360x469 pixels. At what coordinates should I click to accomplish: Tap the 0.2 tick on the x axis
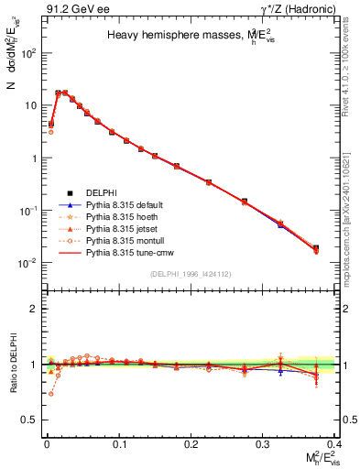tap(191, 443)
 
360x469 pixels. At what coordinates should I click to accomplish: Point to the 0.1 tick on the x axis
tap(119, 443)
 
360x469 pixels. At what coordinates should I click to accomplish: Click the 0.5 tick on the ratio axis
tap(33, 420)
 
